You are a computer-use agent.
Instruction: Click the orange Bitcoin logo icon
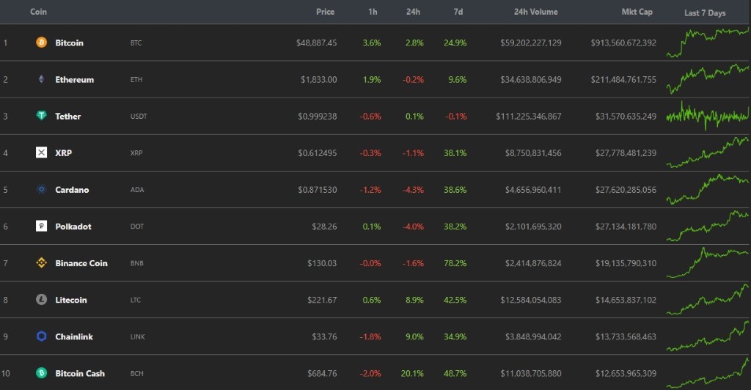coord(41,43)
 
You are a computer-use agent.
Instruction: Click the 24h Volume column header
coord(535,12)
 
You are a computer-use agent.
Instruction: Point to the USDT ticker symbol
coord(138,117)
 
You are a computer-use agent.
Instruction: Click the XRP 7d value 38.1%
coord(455,153)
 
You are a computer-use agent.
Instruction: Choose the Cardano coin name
coord(72,190)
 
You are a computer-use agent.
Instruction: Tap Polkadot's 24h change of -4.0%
coord(414,227)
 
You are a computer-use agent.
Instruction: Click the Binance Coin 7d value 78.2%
coord(455,263)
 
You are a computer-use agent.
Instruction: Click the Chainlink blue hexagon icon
coord(41,336)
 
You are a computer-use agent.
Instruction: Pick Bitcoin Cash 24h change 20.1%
coord(412,373)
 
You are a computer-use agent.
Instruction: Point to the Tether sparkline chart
coord(708,115)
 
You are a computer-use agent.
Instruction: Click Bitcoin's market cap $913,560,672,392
coord(623,43)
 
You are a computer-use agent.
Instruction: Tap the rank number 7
coord(6,263)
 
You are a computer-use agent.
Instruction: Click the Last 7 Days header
coord(705,13)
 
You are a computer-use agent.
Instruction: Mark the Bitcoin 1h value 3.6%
coord(372,43)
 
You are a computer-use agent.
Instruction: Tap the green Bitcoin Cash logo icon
coord(41,373)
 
